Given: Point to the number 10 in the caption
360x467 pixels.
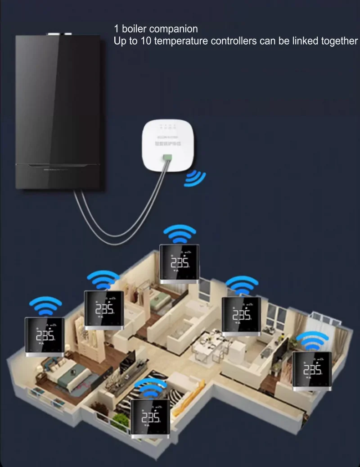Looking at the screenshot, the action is point(146,41).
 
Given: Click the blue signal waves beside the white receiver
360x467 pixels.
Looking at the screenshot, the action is point(194,178).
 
